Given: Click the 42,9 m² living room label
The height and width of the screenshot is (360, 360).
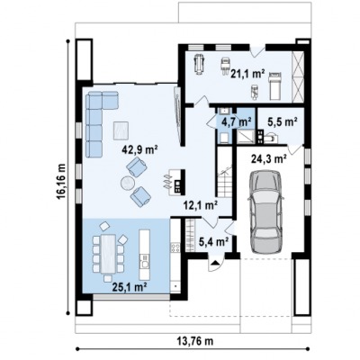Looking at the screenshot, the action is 140,149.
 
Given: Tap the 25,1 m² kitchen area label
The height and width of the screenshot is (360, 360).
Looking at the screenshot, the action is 130,287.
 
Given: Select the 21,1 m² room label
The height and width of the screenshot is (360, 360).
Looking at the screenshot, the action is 247,73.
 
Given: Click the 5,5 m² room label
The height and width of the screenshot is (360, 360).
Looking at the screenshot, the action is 283,122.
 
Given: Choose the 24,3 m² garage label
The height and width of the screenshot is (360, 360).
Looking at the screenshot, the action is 269,159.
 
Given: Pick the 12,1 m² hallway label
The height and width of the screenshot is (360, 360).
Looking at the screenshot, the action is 201,205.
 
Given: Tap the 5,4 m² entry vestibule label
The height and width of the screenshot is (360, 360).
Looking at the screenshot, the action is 214,241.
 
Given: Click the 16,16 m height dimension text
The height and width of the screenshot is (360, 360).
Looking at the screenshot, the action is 61,182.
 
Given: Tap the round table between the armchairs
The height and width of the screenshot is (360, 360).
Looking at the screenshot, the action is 128,183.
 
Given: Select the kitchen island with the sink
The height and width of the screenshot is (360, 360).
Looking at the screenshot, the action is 145,255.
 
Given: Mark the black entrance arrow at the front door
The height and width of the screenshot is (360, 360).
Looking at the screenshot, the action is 215,264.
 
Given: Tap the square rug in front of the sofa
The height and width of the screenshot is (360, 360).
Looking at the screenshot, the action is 121,130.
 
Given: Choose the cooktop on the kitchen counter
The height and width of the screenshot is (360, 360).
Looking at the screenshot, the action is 175,247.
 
